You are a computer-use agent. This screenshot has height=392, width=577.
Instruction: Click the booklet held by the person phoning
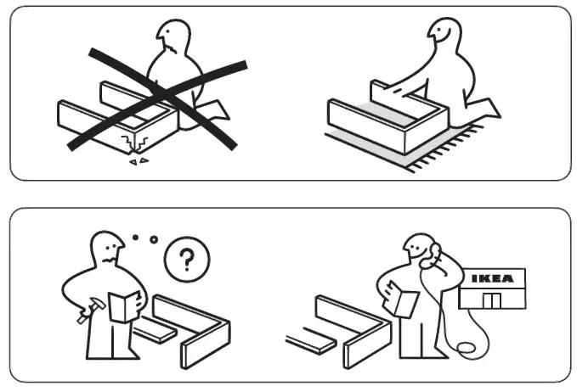tap(403, 303)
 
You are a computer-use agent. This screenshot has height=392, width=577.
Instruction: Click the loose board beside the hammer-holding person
tap(156, 330)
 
